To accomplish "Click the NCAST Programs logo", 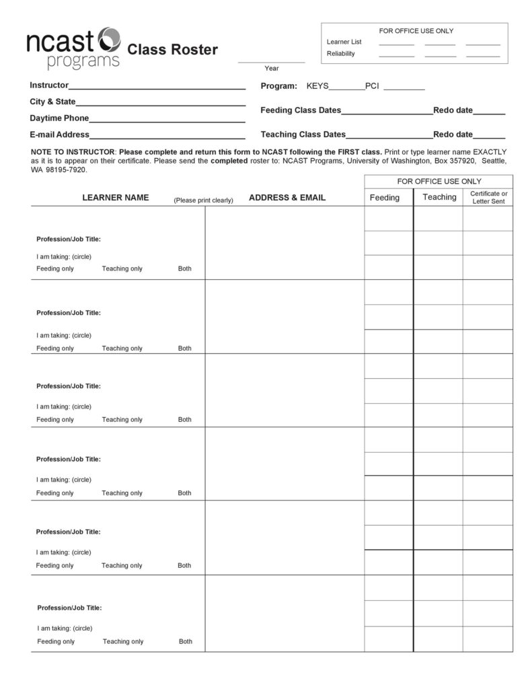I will click(x=73, y=48).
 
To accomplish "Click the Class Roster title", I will click(x=173, y=50).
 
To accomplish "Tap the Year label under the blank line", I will click(x=272, y=68).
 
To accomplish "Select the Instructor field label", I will click(x=49, y=85).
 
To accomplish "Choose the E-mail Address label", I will click(x=60, y=135).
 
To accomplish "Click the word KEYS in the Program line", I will click(x=317, y=86).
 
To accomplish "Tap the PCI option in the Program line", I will click(x=373, y=86).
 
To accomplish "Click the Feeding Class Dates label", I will click(x=301, y=110).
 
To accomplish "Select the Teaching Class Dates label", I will click(x=303, y=135).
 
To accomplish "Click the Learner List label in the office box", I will click(x=344, y=42).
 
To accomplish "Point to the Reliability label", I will click(x=341, y=54).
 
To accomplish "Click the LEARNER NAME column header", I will click(x=116, y=198).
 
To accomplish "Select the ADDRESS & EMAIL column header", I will click(x=287, y=198).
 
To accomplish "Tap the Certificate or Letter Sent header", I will click(x=488, y=197).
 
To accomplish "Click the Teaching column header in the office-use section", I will click(x=439, y=197).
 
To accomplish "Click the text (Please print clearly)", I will click(x=203, y=200).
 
